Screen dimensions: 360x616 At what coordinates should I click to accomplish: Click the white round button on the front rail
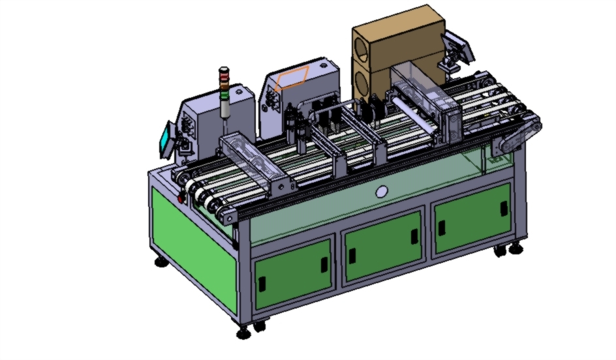(x=382, y=192)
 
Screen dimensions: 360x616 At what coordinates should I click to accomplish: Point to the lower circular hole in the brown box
(x=363, y=83)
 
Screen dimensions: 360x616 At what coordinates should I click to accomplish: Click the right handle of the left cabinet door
(x=325, y=264)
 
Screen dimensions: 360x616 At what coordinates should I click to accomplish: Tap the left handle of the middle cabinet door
(x=352, y=256)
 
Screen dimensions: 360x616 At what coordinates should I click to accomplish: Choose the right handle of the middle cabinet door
(x=414, y=237)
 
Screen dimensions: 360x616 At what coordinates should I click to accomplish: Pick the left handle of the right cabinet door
(x=442, y=228)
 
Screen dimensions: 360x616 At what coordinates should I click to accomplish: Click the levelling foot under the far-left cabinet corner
(x=159, y=262)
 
